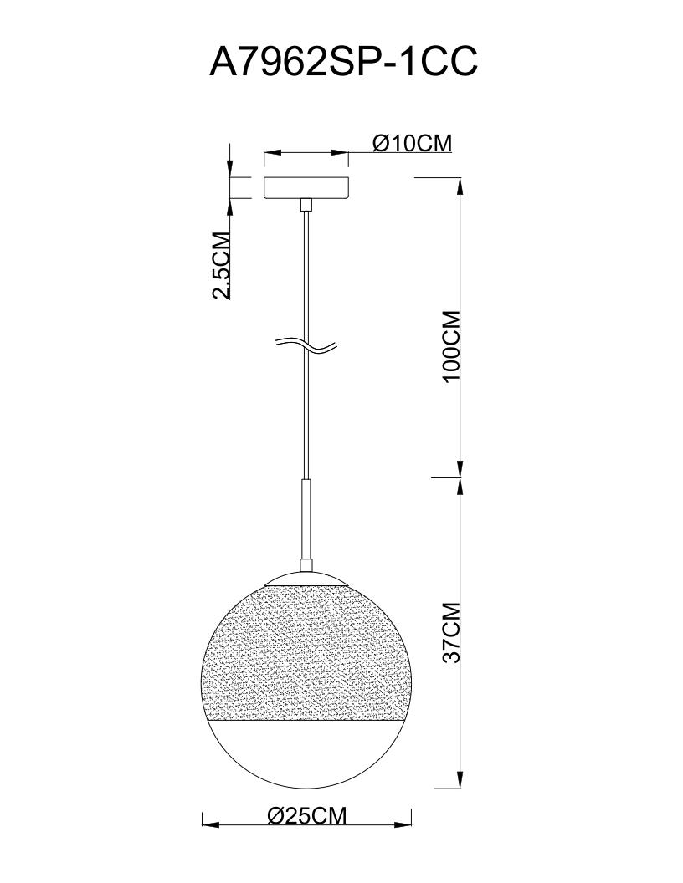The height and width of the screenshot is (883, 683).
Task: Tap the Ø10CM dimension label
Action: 413,143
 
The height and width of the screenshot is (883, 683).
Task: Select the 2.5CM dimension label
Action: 221,265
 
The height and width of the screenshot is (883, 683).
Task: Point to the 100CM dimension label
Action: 452,346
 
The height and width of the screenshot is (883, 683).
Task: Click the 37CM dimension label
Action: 452,632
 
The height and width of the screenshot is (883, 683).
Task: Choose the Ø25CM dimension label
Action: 307,814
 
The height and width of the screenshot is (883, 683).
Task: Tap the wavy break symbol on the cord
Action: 306,346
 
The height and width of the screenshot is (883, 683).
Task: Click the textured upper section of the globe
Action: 306,652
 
